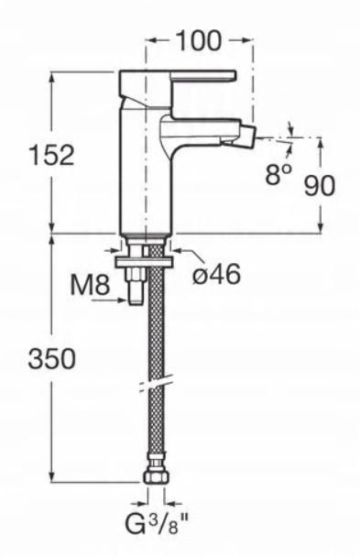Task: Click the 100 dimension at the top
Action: point(199,40)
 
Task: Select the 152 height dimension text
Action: point(51,155)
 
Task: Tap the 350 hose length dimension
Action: point(52,359)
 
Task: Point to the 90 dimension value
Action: point(320,185)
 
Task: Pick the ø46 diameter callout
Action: point(216,275)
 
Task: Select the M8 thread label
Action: point(90,284)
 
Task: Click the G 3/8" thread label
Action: point(157,524)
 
